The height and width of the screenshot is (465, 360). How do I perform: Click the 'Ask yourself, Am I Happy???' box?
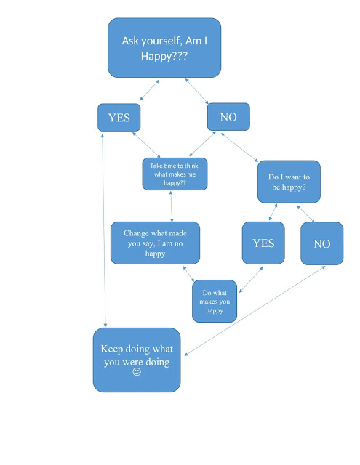164,47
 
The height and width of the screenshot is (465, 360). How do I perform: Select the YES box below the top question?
119,117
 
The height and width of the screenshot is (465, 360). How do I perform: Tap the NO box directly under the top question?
228,116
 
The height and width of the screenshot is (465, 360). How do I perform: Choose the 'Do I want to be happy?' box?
288,182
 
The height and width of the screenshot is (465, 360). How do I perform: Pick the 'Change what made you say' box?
154,243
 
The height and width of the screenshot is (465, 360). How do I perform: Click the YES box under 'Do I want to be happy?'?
263,243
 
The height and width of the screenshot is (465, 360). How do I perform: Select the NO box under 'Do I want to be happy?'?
321,243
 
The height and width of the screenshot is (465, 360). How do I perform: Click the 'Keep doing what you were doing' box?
136,359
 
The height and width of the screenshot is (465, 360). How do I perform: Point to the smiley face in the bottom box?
136,372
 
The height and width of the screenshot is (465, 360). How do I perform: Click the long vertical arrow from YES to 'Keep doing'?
106,232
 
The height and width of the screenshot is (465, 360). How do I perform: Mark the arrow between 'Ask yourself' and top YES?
150,90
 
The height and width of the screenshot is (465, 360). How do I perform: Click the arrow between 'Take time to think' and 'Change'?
172,206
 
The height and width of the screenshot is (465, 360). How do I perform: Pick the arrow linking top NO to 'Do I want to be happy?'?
239,146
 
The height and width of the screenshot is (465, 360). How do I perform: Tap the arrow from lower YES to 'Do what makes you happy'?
250,279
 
